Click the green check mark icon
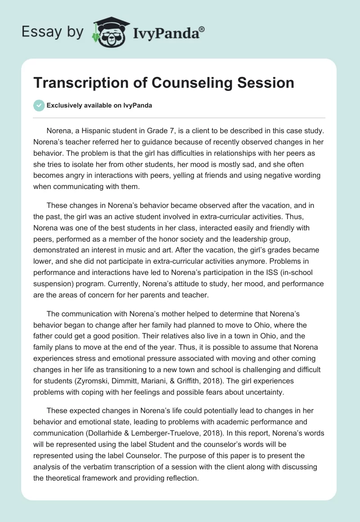(x=39, y=105)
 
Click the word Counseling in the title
(x=188, y=83)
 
